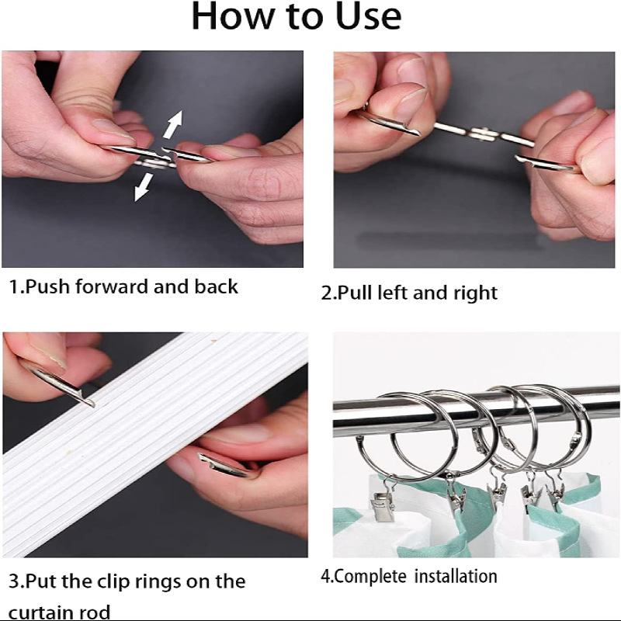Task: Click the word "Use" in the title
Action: click(x=368, y=16)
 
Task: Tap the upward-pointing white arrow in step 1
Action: click(x=173, y=124)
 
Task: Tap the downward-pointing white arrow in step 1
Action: click(x=144, y=187)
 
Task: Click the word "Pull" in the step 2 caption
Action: click(x=355, y=293)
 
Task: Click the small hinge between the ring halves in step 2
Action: click(x=484, y=134)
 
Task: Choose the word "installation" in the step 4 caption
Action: click(x=456, y=576)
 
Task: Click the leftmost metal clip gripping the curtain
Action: click(x=382, y=504)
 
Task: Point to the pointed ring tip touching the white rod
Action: click(x=92, y=404)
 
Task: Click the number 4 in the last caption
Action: click(x=325, y=576)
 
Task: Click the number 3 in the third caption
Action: click(x=14, y=581)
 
